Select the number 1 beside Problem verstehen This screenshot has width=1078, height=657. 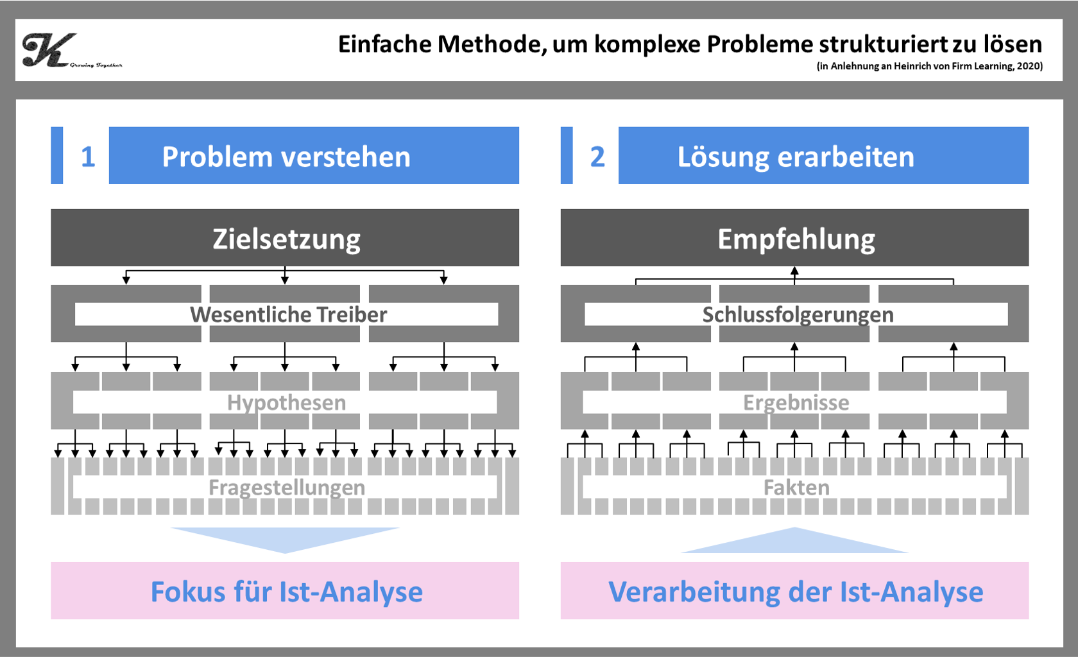[x=88, y=157]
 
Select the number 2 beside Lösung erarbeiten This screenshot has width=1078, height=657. [x=597, y=157]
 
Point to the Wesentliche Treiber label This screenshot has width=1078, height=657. [x=288, y=314]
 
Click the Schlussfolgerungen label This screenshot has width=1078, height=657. [x=798, y=314]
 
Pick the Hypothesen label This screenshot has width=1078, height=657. [x=286, y=402]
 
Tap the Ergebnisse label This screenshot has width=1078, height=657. [x=796, y=402]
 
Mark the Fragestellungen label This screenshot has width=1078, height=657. [x=286, y=488]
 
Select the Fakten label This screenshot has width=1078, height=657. [x=796, y=488]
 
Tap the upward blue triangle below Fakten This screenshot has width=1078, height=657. [x=794, y=543]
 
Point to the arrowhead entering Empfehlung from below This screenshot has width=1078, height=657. [x=794, y=271]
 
